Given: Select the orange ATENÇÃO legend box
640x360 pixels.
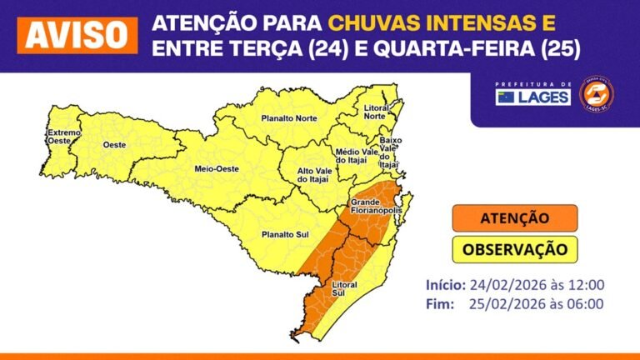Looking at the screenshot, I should pos(514,218).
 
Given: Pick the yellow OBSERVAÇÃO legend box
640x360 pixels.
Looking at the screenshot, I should pos(514,248).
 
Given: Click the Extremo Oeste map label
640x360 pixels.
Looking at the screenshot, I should pos(63,137).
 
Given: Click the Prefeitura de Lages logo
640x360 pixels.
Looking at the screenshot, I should pos(533,94).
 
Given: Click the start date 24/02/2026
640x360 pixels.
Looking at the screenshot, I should pos(504,285).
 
